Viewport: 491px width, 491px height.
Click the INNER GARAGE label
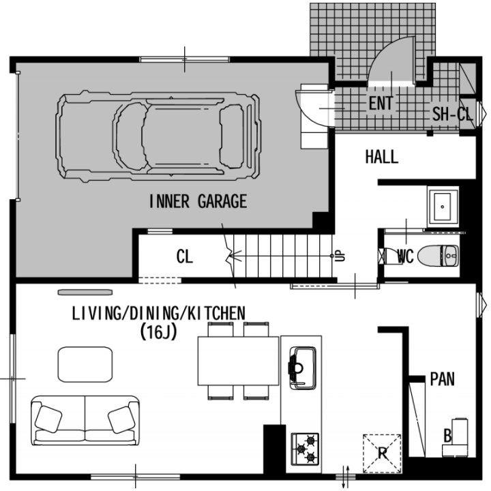tap(198, 201)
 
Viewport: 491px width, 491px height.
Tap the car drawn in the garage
tap(158, 136)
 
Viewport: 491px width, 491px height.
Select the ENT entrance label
tap(381, 104)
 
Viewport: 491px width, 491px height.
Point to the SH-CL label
tap(453, 114)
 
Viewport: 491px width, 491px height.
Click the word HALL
tap(382, 157)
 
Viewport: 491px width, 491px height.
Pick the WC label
tap(406, 256)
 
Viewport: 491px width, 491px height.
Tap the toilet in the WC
tap(438, 256)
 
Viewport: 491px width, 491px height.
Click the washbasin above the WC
tap(443, 207)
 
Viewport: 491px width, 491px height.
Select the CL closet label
tap(184, 256)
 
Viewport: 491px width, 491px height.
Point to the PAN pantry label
tap(442, 379)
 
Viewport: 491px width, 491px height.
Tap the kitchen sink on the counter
tap(303, 368)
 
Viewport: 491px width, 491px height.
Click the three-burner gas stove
tap(305, 449)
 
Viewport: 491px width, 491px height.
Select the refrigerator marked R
tap(383, 453)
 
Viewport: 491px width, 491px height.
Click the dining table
tap(238, 361)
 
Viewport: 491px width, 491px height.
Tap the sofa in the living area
tap(85, 420)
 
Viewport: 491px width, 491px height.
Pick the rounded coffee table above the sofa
tap(85, 364)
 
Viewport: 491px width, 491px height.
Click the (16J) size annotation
tap(158, 332)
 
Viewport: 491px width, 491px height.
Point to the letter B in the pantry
tap(448, 436)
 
